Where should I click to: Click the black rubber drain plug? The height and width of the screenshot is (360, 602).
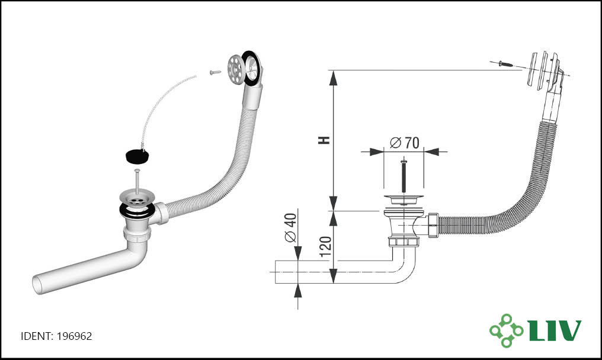pyautogui.click(x=137, y=155)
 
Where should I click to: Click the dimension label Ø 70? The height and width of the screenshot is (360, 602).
pyautogui.click(x=404, y=143)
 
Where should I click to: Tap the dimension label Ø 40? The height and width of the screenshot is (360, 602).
pyautogui.click(x=291, y=227)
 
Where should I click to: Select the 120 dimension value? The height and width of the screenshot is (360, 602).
pyautogui.click(x=325, y=247)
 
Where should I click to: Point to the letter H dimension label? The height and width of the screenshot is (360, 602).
pyautogui.click(x=325, y=140)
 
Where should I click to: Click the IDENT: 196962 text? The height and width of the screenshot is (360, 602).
pyautogui.click(x=56, y=336)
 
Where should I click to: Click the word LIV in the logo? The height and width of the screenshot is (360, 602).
pyautogui.click(x=555, y=330)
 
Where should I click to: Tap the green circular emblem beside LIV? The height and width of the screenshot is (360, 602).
pyautogui.click(x=506, y=330)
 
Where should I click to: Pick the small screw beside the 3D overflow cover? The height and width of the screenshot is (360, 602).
pyautogui.click(x=216, y=72)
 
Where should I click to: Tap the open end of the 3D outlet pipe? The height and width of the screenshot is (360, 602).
pyautogui.click(x=37, y=284)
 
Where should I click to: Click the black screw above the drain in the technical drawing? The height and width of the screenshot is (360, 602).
pyautogui.click(x=404, y=176)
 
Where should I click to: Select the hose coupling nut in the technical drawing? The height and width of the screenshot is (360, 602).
pyautogui.click(x=433, y=226)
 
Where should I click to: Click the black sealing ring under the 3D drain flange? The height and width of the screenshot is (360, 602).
pyautogui.click(x=137, y=211)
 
